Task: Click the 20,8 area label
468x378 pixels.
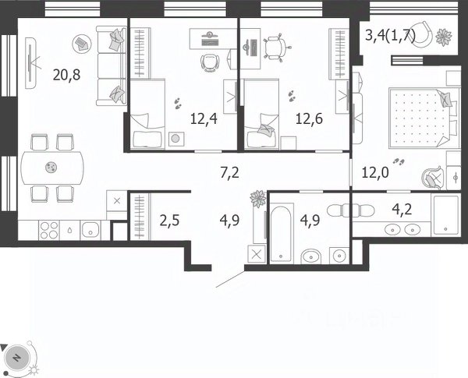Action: coord(66,75)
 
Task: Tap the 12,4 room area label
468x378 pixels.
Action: coord(204,119)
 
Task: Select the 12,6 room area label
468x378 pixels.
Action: coord(309,119)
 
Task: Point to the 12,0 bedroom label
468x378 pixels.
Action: coord(375,172)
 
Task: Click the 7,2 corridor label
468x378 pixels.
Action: coord(229,173)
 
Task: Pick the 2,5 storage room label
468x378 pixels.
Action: coord(169,221)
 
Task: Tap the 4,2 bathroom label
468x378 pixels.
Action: coord(402,210)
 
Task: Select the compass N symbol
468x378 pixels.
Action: coord(17,358)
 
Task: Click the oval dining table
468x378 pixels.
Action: coord(52,168)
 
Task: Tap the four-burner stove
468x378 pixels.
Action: coord(49,230)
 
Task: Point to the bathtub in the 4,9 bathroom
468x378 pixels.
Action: coord(282,233)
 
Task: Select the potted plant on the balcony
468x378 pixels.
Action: coord(444,37)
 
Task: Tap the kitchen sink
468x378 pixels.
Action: coord(90,230)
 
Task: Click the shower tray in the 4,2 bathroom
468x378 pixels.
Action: coord(446,214)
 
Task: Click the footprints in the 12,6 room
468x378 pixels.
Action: coord(292,96)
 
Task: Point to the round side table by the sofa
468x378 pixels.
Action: coord(81,44)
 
